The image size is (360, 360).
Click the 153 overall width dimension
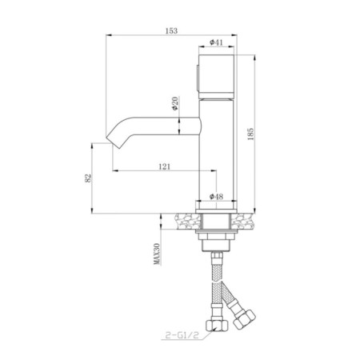tap(171, 30)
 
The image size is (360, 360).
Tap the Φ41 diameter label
tap(216, 42)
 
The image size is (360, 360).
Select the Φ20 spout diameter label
tap(175, 103)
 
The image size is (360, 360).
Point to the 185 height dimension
tap(250, 134)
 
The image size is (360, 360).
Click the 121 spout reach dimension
tap(164, 166)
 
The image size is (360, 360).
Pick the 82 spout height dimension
tap(88, 178)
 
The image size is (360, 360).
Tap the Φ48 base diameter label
tap(216, 197)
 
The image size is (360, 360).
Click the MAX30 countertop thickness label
tap(158, 254)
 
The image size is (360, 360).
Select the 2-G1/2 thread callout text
tap(182, 335)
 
